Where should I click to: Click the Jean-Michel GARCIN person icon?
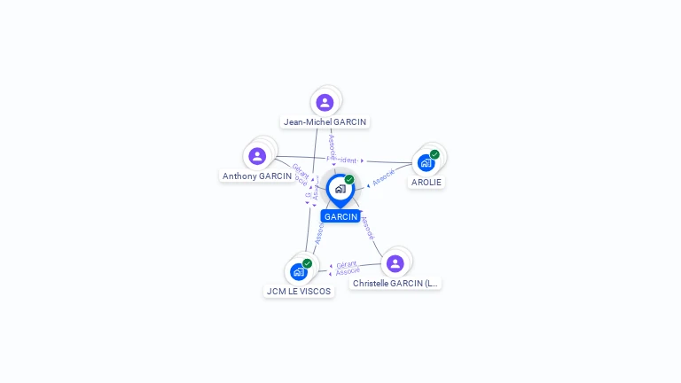pos(325,102)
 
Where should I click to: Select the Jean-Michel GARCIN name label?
pos(325,122)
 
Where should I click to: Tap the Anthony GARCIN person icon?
pos(257,156)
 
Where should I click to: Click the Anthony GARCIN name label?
pos(257,176)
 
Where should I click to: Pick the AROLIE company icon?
pos(426,163)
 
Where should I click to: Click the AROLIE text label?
pos(427,183)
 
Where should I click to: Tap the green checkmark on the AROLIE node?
pos(434,154)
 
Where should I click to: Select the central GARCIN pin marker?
pos(340,189)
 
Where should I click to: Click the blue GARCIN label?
pos(340,216)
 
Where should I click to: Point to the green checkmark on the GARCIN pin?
pos(349,180)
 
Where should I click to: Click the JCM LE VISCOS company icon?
pos(298,272)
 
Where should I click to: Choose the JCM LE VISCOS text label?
pos(299,291)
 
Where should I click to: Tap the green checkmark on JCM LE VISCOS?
pos(307,263)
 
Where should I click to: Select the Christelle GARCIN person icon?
pos(395,263)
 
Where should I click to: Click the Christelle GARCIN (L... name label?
pos(395,284)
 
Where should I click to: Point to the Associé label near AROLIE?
pos(384,177)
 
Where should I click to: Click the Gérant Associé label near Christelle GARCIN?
pos(348,268)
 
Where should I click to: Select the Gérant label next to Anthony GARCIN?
pos(300,171)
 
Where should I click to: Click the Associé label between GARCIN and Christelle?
pos(368,228)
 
